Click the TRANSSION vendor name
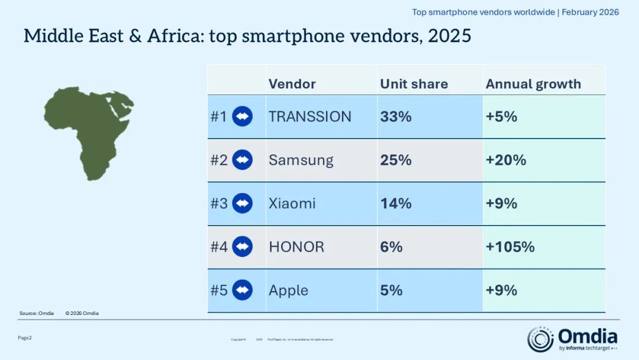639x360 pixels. tap(309, 117)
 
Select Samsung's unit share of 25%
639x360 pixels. tap(395, 160)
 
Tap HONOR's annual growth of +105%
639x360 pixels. tap(510, 247)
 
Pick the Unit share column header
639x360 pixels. tap(414, 84)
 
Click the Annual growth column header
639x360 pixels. tap(533, 84)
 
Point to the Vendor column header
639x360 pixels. tap(292, 84)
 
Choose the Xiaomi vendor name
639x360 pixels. tap(292, 204)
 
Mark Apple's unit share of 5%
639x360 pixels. tap(391, 290)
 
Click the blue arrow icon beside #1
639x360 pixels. tap(242, 117)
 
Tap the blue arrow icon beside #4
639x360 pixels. tap(242, 247)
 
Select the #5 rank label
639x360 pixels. tap(219, 290)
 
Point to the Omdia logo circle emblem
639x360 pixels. tap(540, 339)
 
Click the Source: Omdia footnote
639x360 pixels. tap(37, 313)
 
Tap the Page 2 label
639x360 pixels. tap(25, 337)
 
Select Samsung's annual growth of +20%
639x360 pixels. tap(505, 160)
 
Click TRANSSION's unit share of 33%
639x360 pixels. tap(395, 117)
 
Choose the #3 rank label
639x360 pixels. tap(219, 204)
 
